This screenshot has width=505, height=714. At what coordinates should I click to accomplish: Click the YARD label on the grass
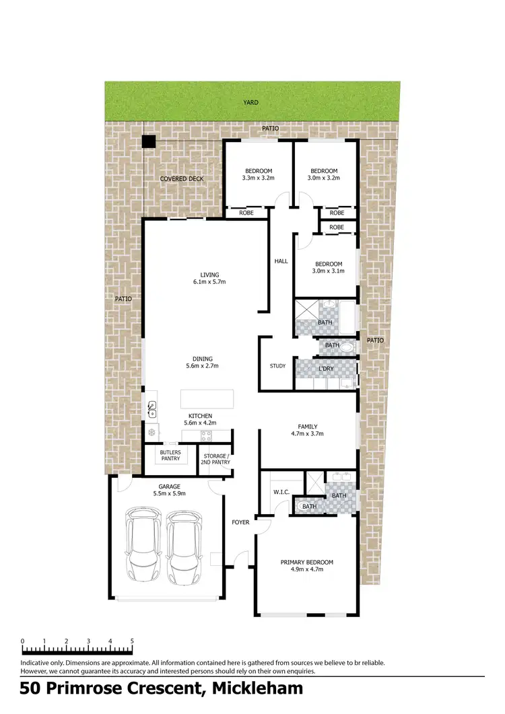tap(251, 103)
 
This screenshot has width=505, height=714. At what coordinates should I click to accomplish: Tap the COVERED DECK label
tap(181, 179)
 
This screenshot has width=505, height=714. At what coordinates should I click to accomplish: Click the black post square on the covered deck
tap(148, 142)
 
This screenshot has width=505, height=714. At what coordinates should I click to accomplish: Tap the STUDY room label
tap(277, 367)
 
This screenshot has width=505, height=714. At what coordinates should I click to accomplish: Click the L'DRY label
tap(326, 369)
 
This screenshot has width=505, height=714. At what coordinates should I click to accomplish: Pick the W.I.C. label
tap(281, 492)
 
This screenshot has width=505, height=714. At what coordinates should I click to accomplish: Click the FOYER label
tap(240, 522)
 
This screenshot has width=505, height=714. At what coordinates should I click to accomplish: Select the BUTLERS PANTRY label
tap(170, 456)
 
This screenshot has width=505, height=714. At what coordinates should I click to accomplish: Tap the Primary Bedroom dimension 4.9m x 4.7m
tap(306, 569)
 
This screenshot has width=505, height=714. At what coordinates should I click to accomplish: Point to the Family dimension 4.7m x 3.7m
tap(308, 434)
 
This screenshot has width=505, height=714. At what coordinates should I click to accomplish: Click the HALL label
tap(281, 261)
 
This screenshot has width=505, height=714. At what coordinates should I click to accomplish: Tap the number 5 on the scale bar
tap(132, 641)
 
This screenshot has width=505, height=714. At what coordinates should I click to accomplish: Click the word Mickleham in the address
tap(257, 688)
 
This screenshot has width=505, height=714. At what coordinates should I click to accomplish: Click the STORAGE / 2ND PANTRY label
tap(215, 459)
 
